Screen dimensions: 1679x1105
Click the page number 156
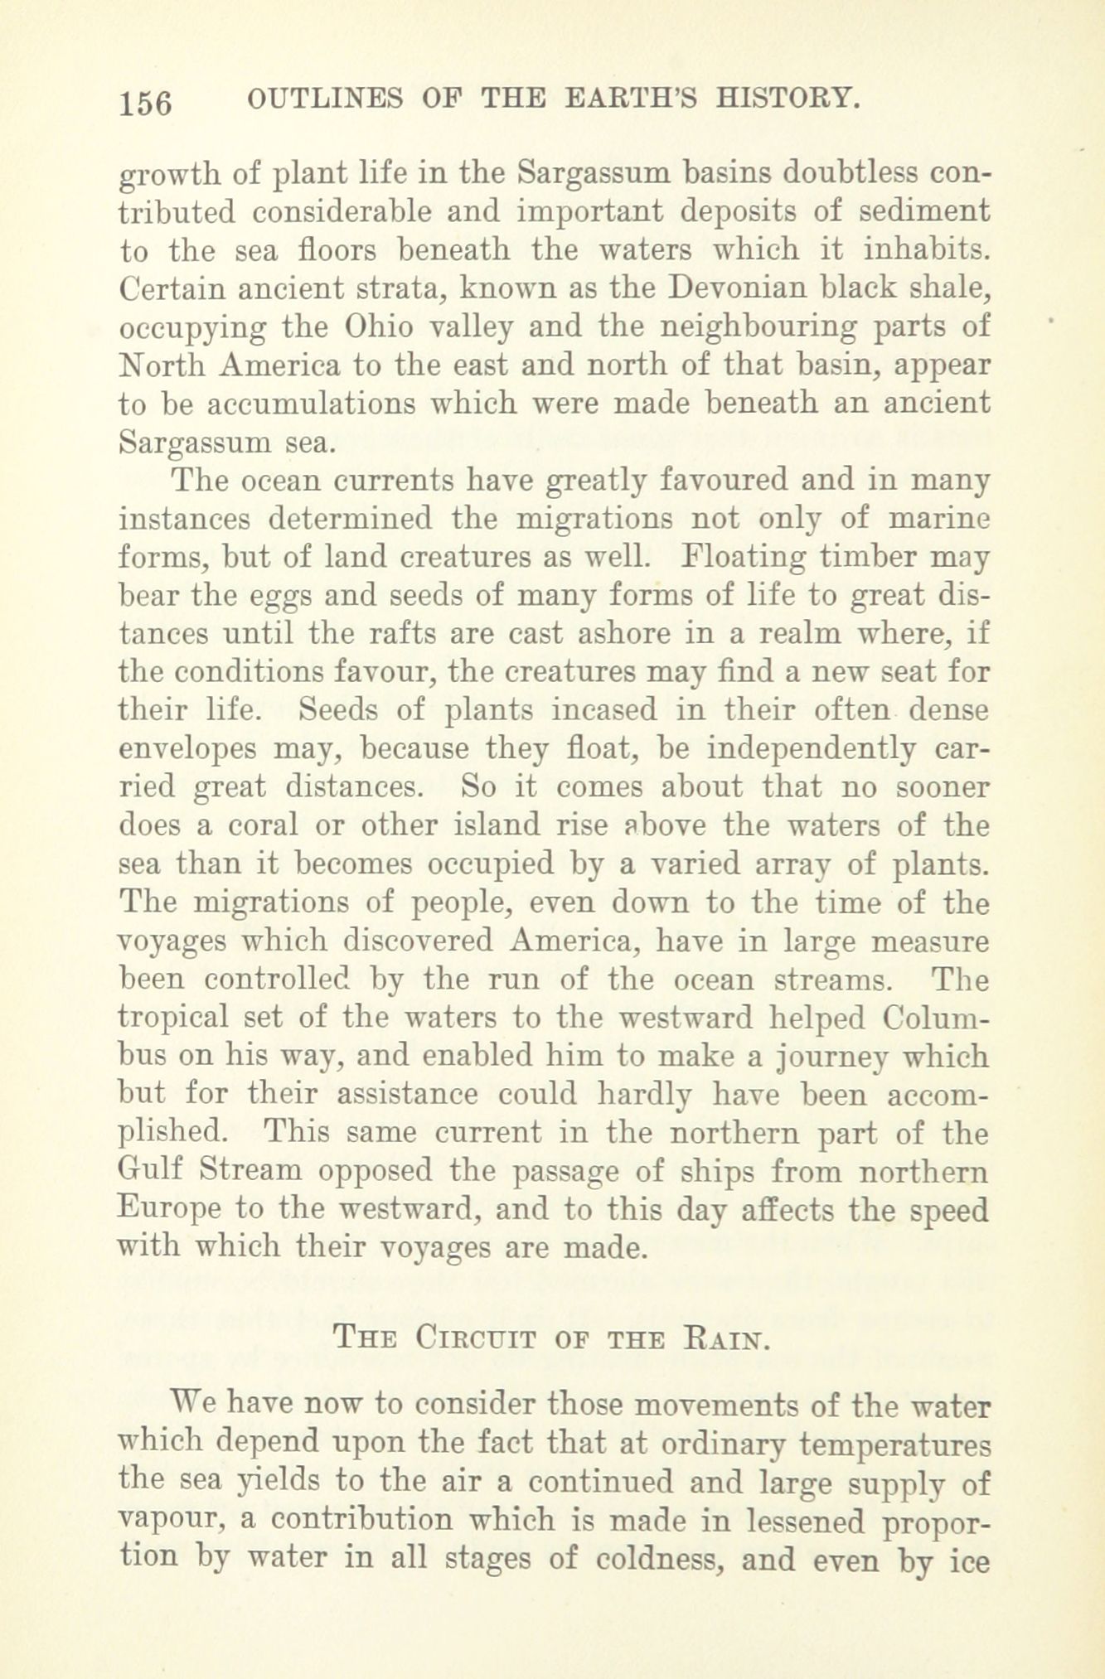coord(145,104)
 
